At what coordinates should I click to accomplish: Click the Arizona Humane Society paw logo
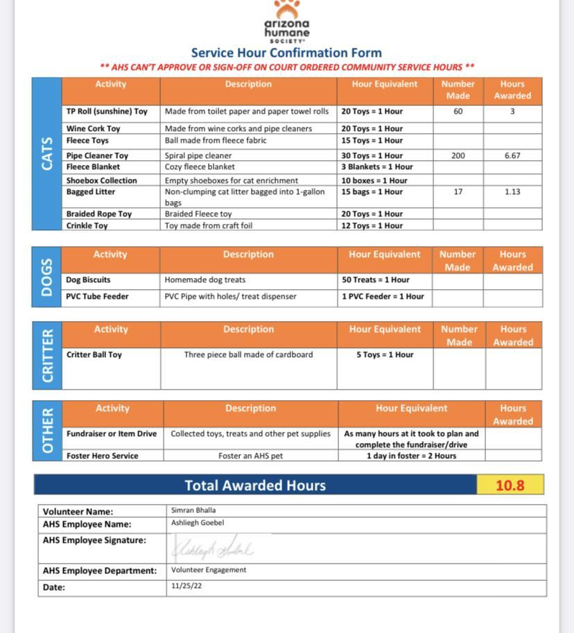286,10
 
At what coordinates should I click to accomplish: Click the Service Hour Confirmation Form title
286,53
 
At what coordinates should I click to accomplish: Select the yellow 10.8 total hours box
510,485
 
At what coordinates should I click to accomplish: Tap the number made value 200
458,155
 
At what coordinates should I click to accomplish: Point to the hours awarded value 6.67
512,155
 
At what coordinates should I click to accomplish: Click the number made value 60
458,111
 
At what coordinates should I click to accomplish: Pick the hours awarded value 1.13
512,191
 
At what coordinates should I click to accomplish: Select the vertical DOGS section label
46,277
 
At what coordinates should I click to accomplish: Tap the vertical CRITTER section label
46,355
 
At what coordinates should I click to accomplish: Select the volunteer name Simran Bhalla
193,510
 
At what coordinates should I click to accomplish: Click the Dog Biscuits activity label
88,280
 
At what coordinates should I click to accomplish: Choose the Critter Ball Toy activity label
94,354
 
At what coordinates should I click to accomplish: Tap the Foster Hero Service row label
102,456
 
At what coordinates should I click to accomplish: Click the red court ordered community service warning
286,67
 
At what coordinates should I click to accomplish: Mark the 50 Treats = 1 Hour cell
375,280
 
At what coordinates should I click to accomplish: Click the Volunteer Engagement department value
209,570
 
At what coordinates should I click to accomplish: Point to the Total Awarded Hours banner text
255,485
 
